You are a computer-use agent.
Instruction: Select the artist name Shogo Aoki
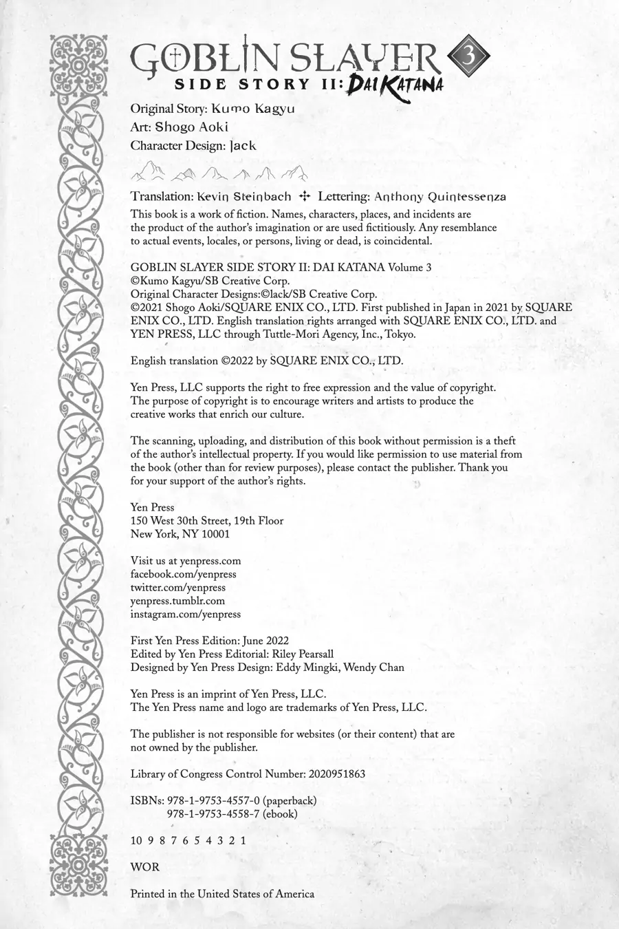(x=191, y=127)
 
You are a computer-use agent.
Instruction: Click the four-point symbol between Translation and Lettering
(x=305, y=196)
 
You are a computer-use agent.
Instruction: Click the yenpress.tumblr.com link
(x=177, y=601)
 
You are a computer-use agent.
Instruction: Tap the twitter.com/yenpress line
(x=177, y=588)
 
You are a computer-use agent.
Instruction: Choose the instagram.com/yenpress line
(x=186, y=614)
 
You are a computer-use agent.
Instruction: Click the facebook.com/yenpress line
(x=183, y=574)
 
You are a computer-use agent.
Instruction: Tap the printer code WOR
(x=144, y=867)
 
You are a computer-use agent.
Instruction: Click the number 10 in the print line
(x=136, y=840)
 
